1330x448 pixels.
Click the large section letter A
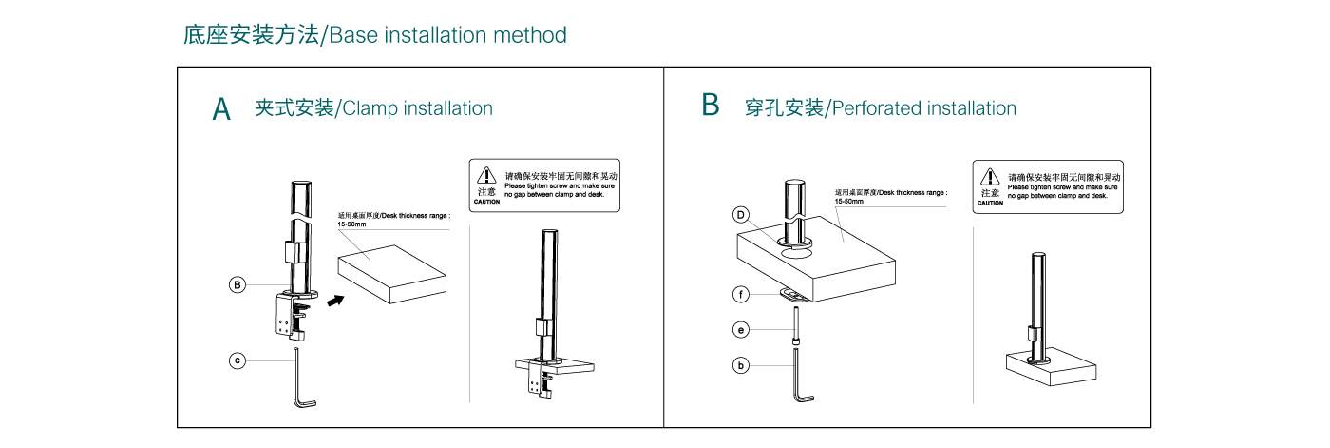click(221, 108)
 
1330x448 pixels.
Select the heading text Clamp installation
click(417, 108)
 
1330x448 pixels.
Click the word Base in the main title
click(354, 36)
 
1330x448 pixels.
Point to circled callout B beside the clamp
click(237, 284)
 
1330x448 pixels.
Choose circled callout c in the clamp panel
click(237, 360)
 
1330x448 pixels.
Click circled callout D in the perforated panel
click(741, 215)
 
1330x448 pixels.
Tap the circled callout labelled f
click(741, 294)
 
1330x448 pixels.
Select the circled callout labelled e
click(741, 330)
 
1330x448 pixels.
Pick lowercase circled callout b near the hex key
click(741, 364)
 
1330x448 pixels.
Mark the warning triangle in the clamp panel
click(486, 175)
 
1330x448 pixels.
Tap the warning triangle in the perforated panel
click(990, 176)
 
